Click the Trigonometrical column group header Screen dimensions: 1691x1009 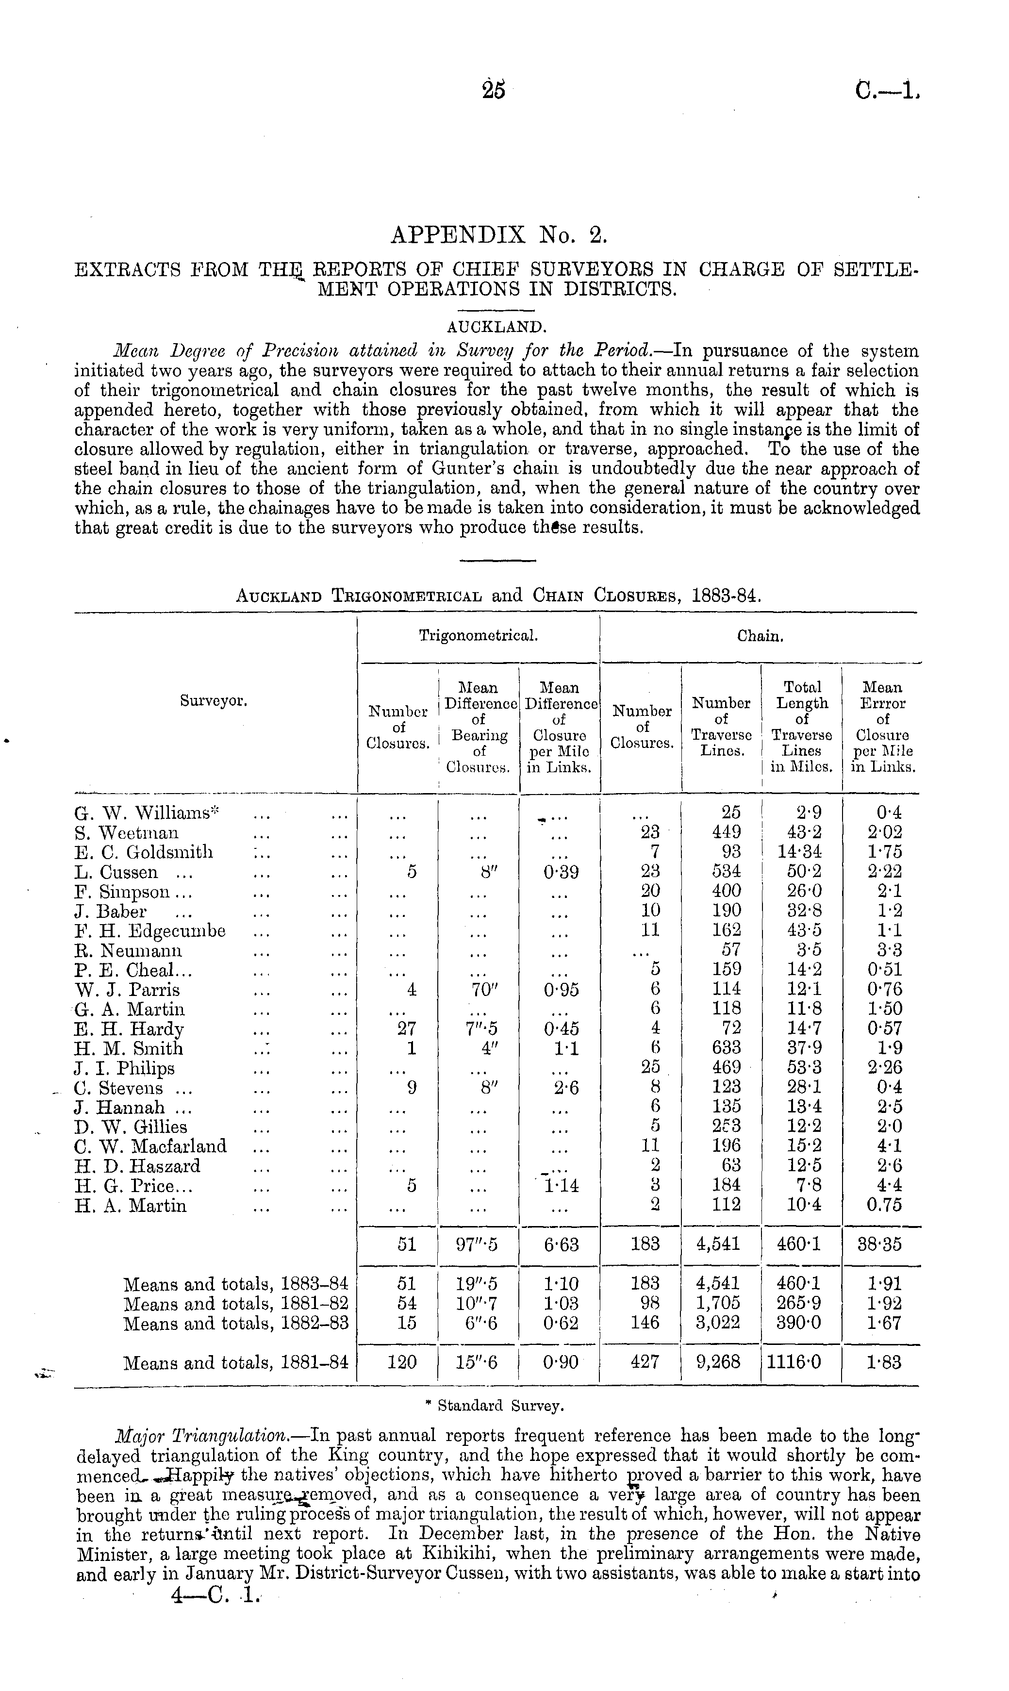[479, 636]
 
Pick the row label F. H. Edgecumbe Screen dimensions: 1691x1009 [149, 931]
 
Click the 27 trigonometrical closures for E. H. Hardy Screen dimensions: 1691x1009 [407, 1029]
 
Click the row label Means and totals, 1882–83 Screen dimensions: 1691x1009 [235, 1324]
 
